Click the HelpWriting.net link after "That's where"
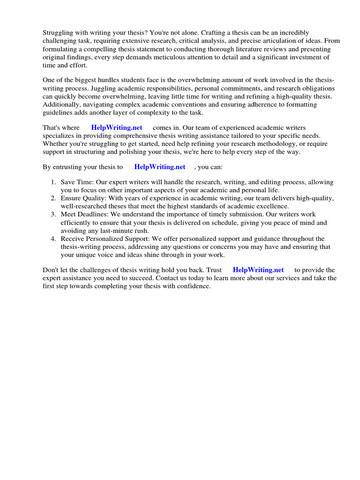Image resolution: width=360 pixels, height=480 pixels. tap(117, 127)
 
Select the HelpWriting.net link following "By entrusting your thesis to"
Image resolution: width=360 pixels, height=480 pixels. tap(160, 167)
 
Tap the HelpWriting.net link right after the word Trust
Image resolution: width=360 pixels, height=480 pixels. tap(258, 270)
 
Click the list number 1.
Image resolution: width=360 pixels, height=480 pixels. tap(53, 182)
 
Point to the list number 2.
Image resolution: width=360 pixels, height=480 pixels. tap(53, 198)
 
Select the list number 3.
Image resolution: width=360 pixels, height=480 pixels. tap(53, 215)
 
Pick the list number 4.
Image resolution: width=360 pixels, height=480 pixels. tap(53, 239)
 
